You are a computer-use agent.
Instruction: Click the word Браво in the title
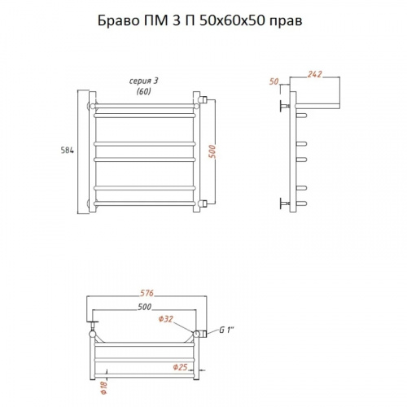(118, 20)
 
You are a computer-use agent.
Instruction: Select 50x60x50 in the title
(232, 20)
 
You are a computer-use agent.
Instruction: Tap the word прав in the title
(286, 22)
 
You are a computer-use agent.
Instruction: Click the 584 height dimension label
(67, 151)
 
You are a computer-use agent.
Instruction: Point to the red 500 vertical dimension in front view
(213, 152)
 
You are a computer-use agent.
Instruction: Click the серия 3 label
(143, 81)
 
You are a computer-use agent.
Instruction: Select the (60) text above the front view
(143, 91)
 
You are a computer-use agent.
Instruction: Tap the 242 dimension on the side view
(314, 74)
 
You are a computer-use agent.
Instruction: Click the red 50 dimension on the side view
(274, 81)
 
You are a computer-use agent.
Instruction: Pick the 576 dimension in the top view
(147, 293)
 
